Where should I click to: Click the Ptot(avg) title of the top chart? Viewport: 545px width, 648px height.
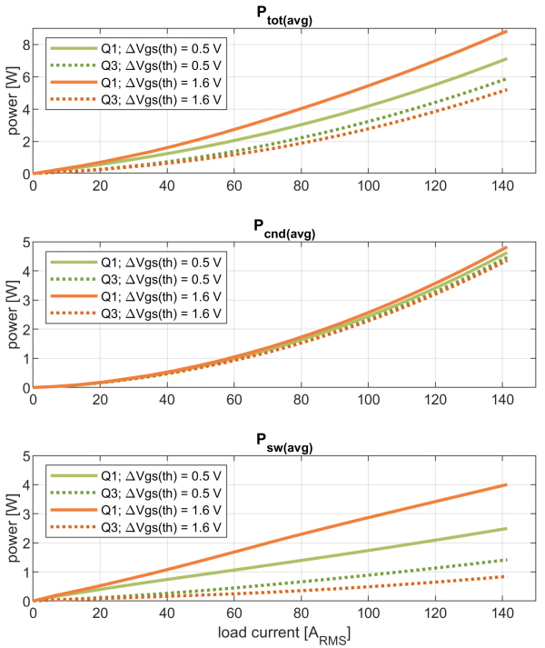click(x=284, y=15)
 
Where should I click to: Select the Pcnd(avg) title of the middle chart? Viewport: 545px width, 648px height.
click(x=284, y=228)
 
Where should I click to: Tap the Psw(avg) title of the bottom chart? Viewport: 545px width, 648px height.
click(x=284, y=443)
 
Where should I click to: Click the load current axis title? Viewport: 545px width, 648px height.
click(x=284, y=634)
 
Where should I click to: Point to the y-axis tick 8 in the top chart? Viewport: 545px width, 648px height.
click(x=26, y=45)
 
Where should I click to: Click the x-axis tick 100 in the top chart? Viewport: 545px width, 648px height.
click(x=368, y=186)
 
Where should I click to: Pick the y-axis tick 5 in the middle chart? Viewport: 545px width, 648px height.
click(x=26, y=242)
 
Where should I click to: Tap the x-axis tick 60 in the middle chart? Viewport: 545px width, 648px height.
click(x=233, y=400)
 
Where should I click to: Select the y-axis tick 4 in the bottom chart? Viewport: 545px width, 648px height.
click(x=26, y=484)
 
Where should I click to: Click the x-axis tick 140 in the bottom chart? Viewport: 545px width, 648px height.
click(x=502, y=613)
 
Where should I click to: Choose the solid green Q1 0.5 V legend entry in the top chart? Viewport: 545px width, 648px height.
click(x=135, y=48)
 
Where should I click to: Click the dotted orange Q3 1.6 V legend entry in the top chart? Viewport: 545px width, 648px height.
click(x=135, y=100)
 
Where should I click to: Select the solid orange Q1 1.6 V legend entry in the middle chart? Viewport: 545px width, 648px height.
click(x=135, y=296)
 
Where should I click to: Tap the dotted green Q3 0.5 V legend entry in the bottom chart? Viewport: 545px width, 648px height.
click(x=135, y=493)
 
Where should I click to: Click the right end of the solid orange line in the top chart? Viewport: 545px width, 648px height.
click(x=506, y=32)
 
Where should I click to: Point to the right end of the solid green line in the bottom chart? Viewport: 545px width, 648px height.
click(x=506, y=529)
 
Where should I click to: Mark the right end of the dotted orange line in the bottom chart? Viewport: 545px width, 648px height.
click(x=505, y=576)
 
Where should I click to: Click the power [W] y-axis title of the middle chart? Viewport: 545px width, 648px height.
click(x=13, y=314)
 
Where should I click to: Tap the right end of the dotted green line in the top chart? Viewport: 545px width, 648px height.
click(x=505, y=78)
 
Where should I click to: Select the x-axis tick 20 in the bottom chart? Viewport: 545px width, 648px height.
click(x=100, y=613)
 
